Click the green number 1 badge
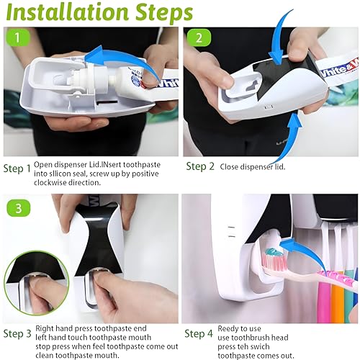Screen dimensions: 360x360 [17, 37]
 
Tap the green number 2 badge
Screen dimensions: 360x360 [199, 37]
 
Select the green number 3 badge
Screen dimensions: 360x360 [19, 208]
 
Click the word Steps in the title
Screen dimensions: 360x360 [164, 12]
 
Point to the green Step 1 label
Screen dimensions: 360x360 [17, 168]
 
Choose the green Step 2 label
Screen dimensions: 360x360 [200, 166]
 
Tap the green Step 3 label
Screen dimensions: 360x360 [17, 333]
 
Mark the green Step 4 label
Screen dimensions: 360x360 [199, 333]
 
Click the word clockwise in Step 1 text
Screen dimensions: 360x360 [50, 183]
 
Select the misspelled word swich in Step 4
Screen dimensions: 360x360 [261, 346]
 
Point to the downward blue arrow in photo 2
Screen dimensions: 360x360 [282, 38]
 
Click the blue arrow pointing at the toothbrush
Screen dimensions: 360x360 [302, 254]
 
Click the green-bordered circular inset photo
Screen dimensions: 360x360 [36, 283]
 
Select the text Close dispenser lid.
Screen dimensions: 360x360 [253, 166]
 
